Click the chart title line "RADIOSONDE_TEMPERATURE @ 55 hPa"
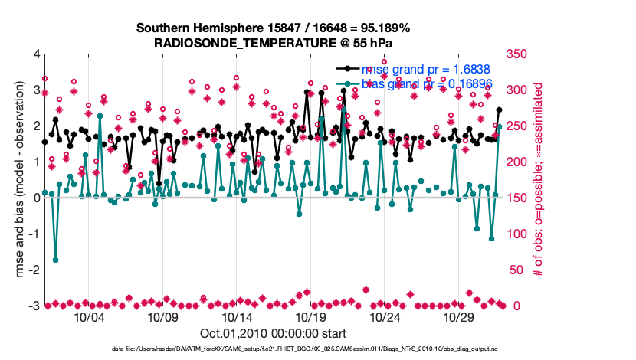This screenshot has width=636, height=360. click(x=274, y=43)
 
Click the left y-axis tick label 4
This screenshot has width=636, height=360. click(x=36, y=54)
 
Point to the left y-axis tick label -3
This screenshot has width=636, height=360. click(x=34, y=306)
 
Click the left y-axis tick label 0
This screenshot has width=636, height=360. click(x=36, y=198)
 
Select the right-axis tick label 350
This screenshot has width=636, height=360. click(x=518, y=54)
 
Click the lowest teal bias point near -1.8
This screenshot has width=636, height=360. click(x=55, y=260)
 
